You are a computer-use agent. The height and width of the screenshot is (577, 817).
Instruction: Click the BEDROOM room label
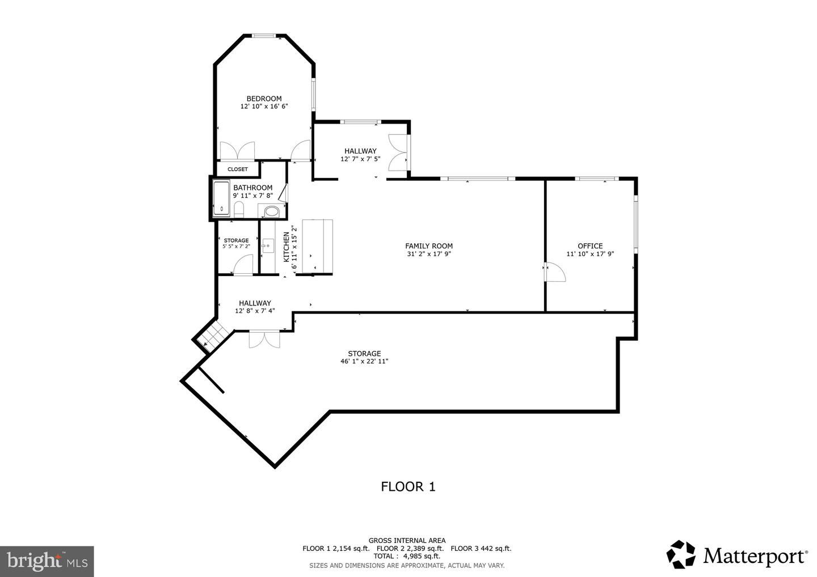(264, 99)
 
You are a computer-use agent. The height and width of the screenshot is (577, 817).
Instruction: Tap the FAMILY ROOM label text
(428, 246)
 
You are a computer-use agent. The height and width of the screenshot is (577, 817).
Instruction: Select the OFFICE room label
(590, 246)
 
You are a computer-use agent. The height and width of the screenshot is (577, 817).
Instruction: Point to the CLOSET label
(238, 169)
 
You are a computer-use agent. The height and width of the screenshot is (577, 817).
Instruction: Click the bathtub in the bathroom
(221, 198)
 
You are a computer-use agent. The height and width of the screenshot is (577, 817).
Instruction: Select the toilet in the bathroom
(239, 211)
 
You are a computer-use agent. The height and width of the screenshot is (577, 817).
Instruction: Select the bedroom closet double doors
(237, 151)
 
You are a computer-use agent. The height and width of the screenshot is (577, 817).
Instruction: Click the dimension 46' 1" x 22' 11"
(364, 362)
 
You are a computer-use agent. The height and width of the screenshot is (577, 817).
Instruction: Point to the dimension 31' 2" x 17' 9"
(428, 254)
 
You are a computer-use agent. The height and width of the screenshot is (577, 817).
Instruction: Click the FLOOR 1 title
(407, 486)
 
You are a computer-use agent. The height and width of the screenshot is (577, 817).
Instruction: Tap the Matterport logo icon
(681, 554)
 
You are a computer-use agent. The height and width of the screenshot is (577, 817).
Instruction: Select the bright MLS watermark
(47, 561)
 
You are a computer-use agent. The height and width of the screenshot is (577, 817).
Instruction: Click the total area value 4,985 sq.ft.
(422, 556)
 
